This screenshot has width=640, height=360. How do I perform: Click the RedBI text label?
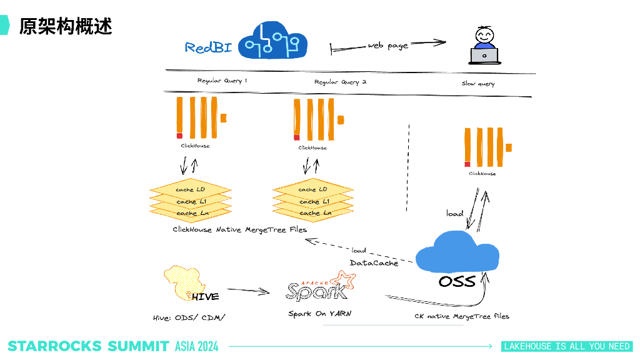coord(208,47)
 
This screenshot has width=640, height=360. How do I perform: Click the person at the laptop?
coord(484,45)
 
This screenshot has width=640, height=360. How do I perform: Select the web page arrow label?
coord(387,46)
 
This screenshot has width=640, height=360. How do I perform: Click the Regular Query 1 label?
coord(222,81)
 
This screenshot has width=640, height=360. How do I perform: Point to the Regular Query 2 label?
coord(340,82)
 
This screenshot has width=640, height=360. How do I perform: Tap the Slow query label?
coord(478,84)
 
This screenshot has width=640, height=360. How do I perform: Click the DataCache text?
coord(374,263)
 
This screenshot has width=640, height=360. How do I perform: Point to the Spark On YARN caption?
coord(319,313)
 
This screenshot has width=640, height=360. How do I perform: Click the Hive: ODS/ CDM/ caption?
coord(189,317)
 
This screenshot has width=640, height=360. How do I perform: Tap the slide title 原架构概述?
coord(66,26)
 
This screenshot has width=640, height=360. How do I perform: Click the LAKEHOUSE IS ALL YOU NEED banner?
coord(567,346)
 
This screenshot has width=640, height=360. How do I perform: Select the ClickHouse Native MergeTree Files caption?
coord(240,230)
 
